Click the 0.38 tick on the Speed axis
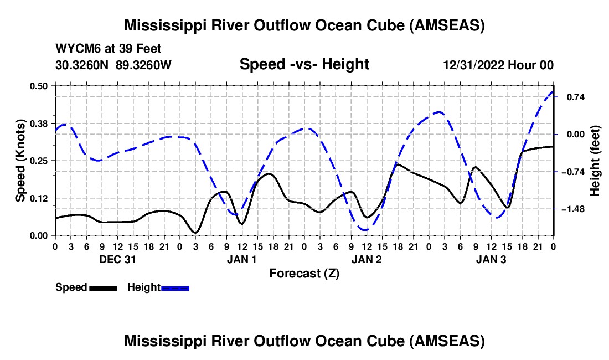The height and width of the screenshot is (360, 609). (x=41, y=123)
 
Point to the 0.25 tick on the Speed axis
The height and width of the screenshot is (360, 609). (x=41, y=161)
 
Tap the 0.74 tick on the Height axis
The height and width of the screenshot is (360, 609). (x=570, y=97)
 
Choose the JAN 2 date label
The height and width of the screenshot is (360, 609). (x=367, y=259)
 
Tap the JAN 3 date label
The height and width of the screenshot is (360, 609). (x=491, y=259)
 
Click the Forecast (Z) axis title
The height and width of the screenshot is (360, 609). (x=304, y=273)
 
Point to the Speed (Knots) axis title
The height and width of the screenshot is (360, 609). (x=20, y=161)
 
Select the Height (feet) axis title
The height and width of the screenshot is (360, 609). (x=596, y=161)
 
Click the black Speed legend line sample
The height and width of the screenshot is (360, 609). (x=103, y=288)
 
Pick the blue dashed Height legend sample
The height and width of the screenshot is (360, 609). (x=175, y=288)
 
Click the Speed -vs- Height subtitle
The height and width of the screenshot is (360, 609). (x=304, y=64)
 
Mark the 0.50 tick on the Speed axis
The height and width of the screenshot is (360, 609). (x=41, y=86)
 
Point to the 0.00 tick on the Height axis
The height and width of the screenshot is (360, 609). (x=571, y=134)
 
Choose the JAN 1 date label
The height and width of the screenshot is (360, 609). (x=241, y=259)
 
